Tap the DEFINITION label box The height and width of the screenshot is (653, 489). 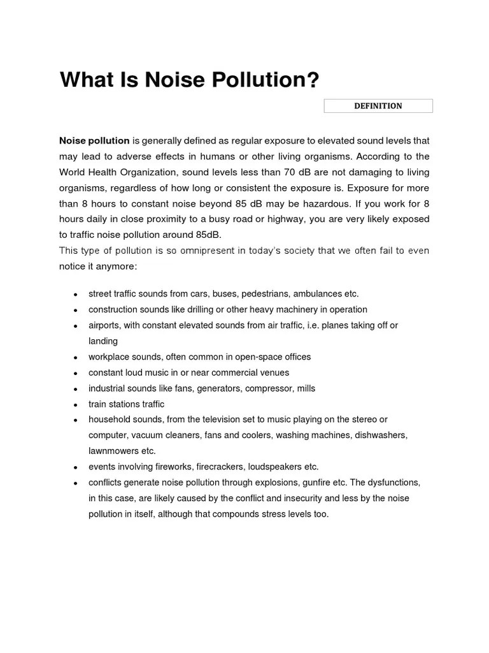point(378,106)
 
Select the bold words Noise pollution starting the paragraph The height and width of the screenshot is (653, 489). point(94,140)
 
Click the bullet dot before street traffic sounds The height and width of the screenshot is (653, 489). point(75,295)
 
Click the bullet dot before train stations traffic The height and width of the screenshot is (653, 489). point(75,405)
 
